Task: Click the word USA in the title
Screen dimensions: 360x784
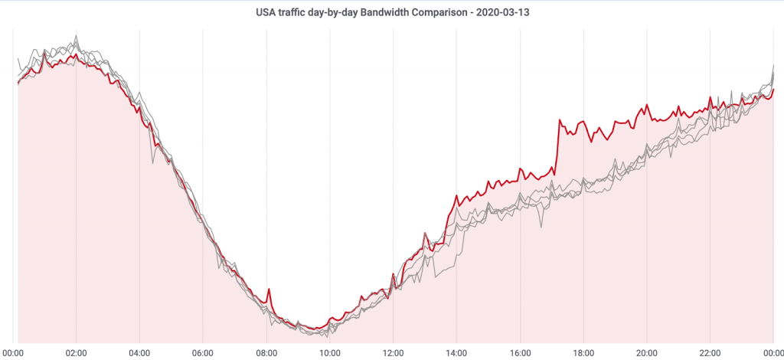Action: coord(266,13)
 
